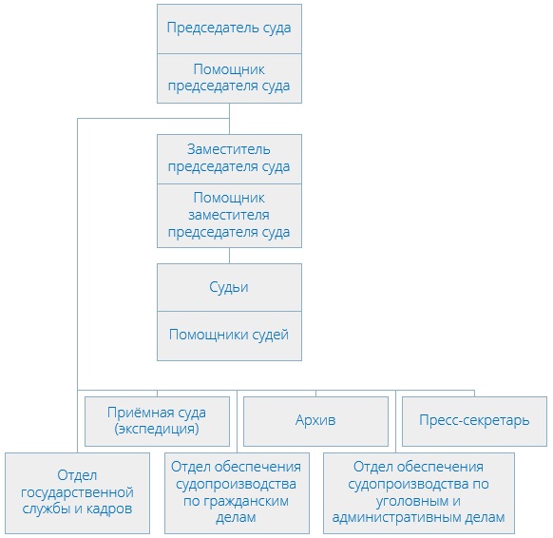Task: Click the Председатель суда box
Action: pos(229,29)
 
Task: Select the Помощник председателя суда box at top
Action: pos(229,78)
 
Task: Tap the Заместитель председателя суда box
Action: pos(229,158)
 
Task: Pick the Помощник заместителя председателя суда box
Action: pos(229,215)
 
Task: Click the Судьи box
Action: pos(229,286)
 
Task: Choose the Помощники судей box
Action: pos(229,335)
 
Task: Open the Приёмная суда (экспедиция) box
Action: pos(158,420)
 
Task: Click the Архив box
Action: pos(315,420)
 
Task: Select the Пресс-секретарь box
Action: pos(473,420)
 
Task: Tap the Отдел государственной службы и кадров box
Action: pos(77,491)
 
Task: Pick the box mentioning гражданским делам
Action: pos(237,491)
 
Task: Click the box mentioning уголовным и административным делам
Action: pos(418,491)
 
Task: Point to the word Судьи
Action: pos(229,286)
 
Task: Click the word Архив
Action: pos(315,420)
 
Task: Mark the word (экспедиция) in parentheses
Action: pos(158,429)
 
